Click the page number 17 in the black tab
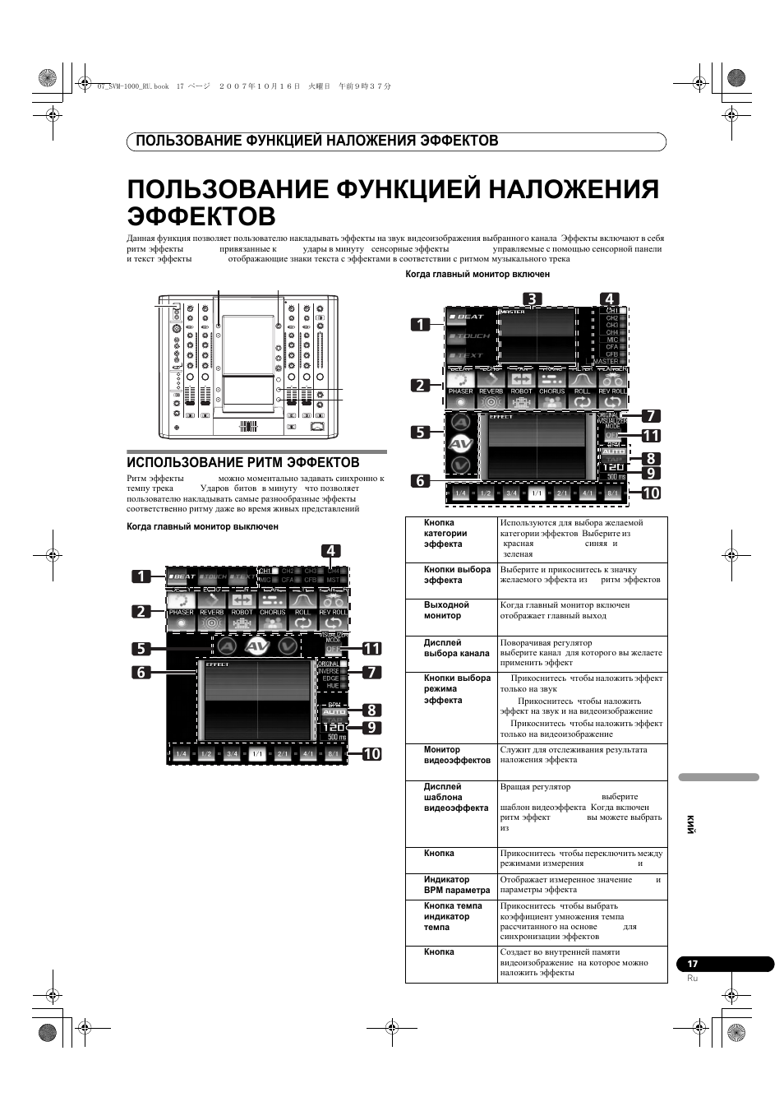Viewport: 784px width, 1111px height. click(x=692, y=964)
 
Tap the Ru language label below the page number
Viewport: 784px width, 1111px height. click(x=692, y=979)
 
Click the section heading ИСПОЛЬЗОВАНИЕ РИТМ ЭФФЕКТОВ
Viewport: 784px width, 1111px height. click(x=242, y=462)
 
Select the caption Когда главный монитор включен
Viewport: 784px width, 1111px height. click(x=477, y=274)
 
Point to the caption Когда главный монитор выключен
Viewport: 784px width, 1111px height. click(x=202, y=526)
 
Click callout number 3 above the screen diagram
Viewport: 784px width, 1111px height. click(x=532, y=299)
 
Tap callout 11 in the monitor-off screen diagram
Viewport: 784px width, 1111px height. click(x=371, y=648)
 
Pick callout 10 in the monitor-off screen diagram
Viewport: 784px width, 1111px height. click(x=371, y=752)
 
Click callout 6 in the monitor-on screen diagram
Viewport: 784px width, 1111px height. click(x=421, y=480)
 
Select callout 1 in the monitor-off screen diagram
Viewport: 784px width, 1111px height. click(x=141, y=576)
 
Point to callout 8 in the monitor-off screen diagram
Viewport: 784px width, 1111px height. click(x=371, y=710)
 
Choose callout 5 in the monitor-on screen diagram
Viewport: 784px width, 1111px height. click(x=421, y=431)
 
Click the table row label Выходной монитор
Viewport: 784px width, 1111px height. click(x=446, y=609)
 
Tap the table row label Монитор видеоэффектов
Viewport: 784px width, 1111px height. click(x=457, y=755)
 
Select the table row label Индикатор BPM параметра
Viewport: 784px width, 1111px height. click(x=456, y=885)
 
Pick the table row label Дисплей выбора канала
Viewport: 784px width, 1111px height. click(x=456, y=648)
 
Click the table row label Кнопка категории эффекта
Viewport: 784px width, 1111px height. click(x=444, y=533)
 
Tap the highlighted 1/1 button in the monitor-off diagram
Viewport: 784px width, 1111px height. click(x=257, y=754)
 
